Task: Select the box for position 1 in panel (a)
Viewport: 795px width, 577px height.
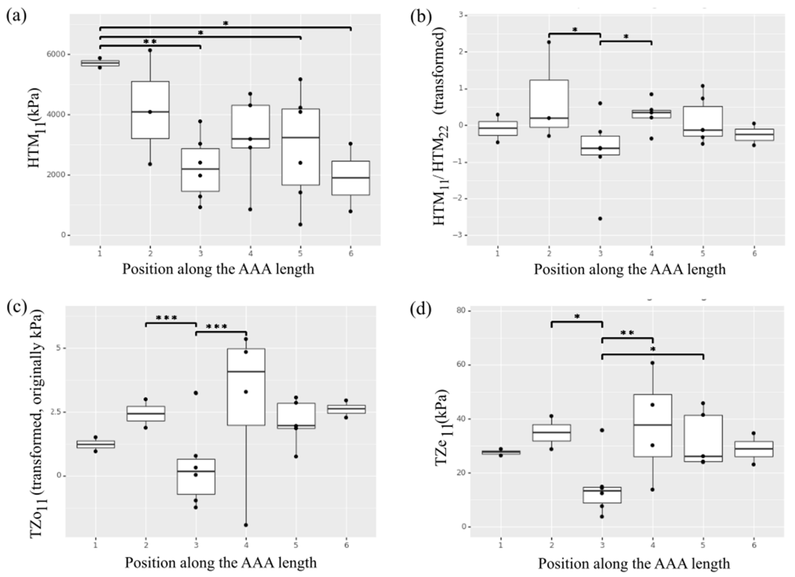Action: tap(100, 63)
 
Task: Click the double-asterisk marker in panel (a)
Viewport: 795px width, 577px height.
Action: tap(150, 42)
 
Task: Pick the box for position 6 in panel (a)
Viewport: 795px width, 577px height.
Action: tap(351, 178)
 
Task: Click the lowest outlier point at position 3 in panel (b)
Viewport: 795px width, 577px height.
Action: tap(600, 218)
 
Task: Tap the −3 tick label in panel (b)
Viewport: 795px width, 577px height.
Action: tap(457, 235)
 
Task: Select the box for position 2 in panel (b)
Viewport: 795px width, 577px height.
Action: tap(549, 104)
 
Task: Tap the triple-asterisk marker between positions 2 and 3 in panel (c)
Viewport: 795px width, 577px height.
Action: tap(167, 318)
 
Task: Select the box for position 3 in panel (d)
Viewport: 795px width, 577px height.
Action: tap(602, 495)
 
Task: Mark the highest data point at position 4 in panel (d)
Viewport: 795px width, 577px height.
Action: tap(652, 363)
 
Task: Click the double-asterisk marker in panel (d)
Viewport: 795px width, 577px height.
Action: tap(627, 333)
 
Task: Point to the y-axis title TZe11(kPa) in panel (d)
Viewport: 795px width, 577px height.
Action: tap(442, 428)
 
